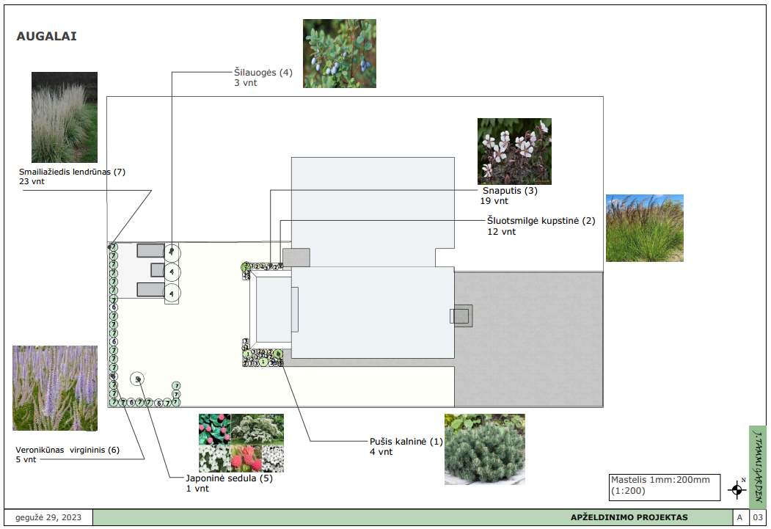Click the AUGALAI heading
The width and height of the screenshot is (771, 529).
tap(46, 36)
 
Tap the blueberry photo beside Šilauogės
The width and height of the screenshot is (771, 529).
tap(340, 54)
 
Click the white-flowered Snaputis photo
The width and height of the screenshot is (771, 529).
tap(514, 151)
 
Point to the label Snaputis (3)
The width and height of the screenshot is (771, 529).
tap(510, 191)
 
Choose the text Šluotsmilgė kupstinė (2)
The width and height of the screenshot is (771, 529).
tap(541, 221)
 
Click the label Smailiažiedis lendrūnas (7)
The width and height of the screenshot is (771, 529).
tap(73, 172)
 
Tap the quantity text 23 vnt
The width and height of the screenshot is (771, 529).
tap(32, 181)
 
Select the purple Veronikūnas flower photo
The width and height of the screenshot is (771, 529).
tap(55, 387)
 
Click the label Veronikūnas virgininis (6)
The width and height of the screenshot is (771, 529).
tap(67, 450)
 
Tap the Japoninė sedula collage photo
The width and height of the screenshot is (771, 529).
tap(241, 442)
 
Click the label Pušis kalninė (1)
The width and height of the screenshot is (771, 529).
tap(406, 442)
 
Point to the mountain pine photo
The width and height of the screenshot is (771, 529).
tap(485, 449)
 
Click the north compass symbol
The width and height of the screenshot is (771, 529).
tap(737, 489)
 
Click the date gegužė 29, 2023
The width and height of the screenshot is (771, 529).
tap(48, 517)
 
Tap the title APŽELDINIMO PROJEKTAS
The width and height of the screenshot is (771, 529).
tap(629, 517)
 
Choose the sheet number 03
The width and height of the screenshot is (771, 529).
tap(757, 517)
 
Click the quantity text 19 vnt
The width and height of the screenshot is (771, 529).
tap(494, 200)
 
